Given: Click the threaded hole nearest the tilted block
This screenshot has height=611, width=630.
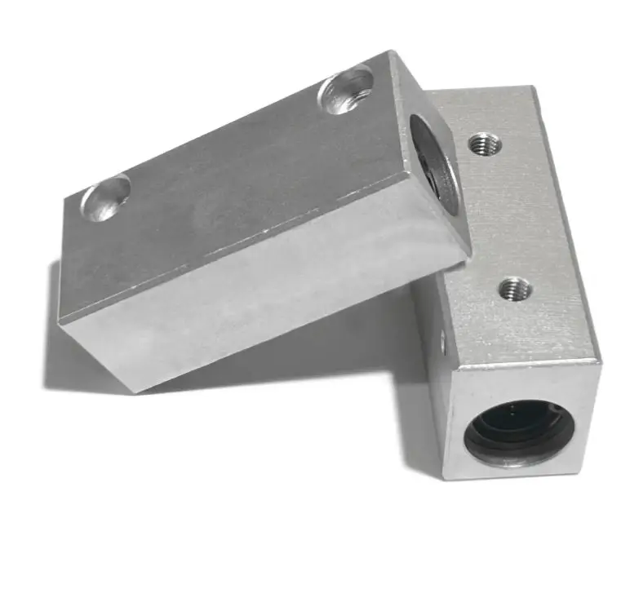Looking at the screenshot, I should [486, 145].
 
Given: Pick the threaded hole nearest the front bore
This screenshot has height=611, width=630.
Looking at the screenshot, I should [514, 287].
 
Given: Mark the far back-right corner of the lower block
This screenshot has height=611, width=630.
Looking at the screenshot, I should [535, 87].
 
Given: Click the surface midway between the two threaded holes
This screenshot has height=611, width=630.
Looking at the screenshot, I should [499, 216].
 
